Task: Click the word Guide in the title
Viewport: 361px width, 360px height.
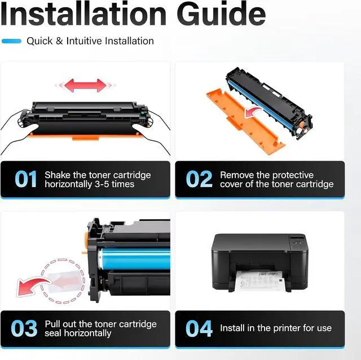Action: tap(222, 14)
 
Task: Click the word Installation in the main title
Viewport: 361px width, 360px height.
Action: tap(83, 13)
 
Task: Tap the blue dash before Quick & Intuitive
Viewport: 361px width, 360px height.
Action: tap(11, 41)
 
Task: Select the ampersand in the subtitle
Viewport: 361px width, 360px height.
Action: tap(59, 41)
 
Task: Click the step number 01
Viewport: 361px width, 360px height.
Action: tap(25, 179)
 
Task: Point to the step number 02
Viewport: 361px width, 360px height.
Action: tap(199, 179)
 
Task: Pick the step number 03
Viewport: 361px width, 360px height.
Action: tap(24, 328)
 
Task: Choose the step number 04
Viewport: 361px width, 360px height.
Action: tap(199, 328)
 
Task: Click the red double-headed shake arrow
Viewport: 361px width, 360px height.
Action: tap(85, 86)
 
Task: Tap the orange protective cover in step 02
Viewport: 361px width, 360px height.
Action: tap(246, 122)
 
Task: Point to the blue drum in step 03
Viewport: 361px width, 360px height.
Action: tap(134, 259)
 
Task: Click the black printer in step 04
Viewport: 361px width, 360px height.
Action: tap(259, 263)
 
